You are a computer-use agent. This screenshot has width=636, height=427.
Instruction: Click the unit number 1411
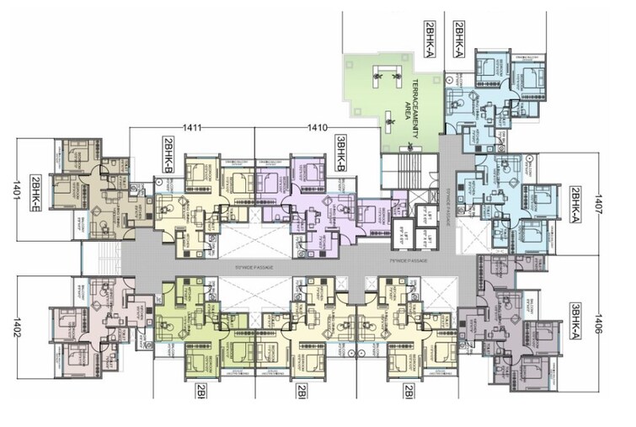[193, 128]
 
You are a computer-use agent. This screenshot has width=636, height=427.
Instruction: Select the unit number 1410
[318, 128]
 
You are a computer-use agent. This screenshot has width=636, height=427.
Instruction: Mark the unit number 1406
[599, 320]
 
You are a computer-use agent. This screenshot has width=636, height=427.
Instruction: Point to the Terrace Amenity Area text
[410, 99]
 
